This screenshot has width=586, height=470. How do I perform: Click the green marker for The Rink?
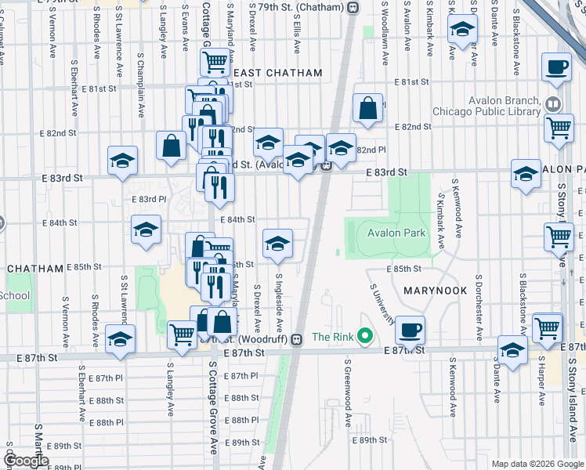[364, 337]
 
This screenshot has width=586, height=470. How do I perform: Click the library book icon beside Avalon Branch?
[554, 103]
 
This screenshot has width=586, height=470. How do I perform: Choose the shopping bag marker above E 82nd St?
[367, 108]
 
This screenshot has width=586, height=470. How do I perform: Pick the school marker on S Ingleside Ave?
[277, 243]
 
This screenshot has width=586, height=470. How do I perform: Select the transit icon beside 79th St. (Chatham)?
[353, 7]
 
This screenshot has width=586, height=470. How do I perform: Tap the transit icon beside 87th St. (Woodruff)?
[296, 339]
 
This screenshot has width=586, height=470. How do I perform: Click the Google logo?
[26, 461]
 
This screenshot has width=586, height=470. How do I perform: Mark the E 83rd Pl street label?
[143, 198]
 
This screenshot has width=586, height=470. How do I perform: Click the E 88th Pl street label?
[102, 422]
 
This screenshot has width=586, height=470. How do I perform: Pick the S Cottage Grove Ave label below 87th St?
[212, 399]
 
